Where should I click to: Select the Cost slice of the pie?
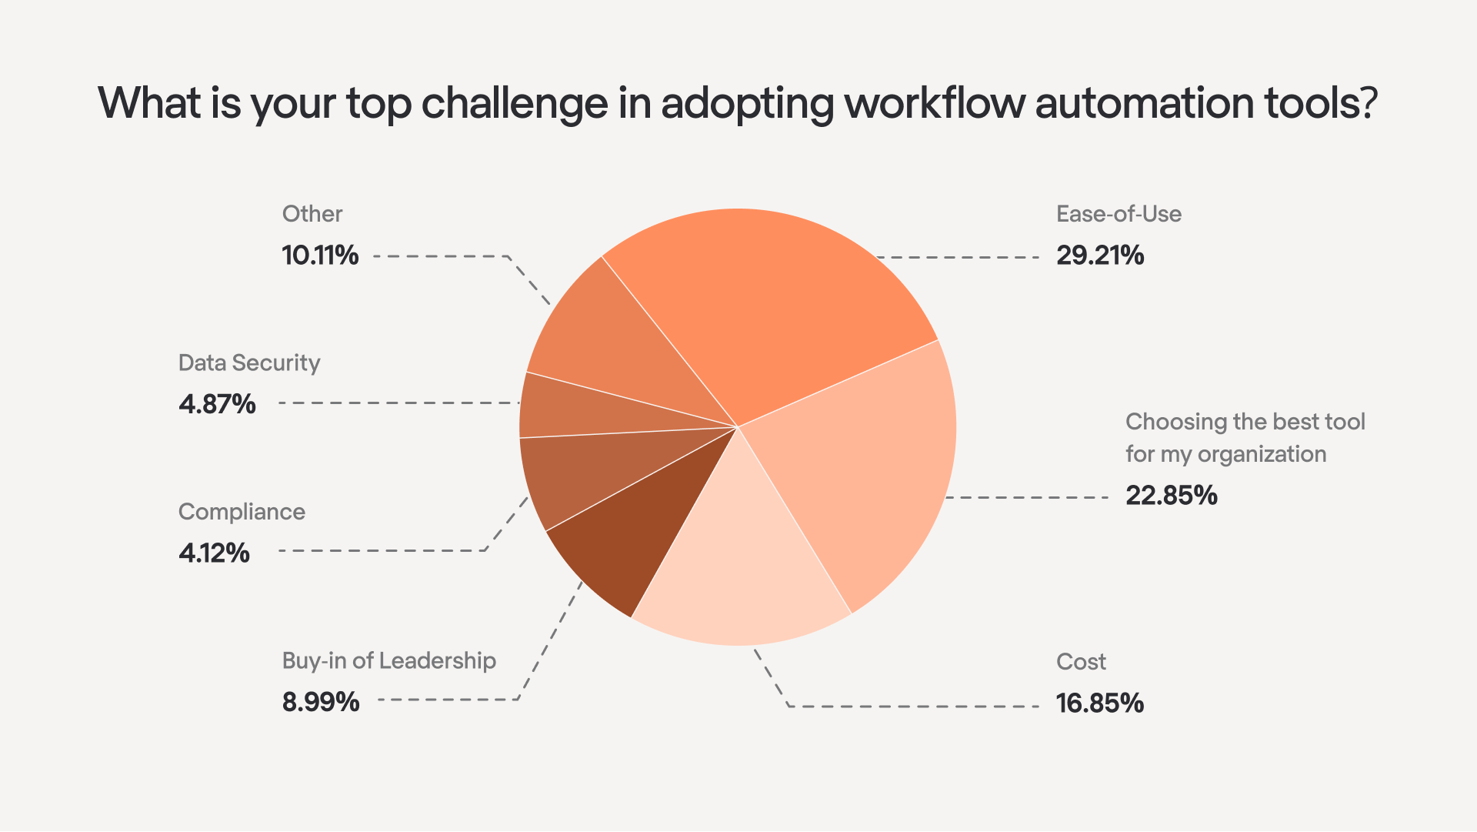738,570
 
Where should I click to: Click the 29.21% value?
1099,255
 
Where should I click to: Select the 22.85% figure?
1171,495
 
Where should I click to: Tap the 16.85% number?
1099,703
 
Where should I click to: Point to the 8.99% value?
320,702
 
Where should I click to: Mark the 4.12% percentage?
214,553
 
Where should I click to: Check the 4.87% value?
217,403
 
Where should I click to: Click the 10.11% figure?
320,255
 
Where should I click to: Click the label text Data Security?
249,363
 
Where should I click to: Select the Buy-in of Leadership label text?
388,660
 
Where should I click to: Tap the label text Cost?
1081,661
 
